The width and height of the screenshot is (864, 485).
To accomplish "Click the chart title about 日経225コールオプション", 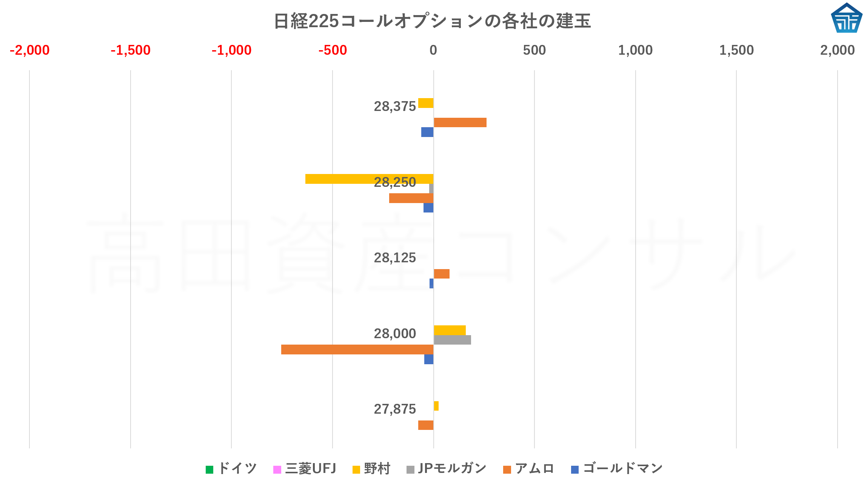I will coord(432,21).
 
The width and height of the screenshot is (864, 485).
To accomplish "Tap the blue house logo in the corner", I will coord(846,18).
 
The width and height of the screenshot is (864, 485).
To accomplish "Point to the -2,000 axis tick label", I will coord(29,50).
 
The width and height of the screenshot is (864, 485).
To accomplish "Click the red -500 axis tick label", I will coord(332,50).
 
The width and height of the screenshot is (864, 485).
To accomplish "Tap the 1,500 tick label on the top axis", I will coord(736,50).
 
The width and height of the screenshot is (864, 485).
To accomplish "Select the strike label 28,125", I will coord(394,258).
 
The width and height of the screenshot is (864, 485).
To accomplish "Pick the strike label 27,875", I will coord(394,409).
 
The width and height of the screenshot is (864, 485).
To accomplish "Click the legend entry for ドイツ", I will coord(231,469).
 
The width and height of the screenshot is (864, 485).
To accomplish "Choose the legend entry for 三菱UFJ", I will coord(305,469).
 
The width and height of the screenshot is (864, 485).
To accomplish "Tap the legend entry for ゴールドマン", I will coord(617,469).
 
